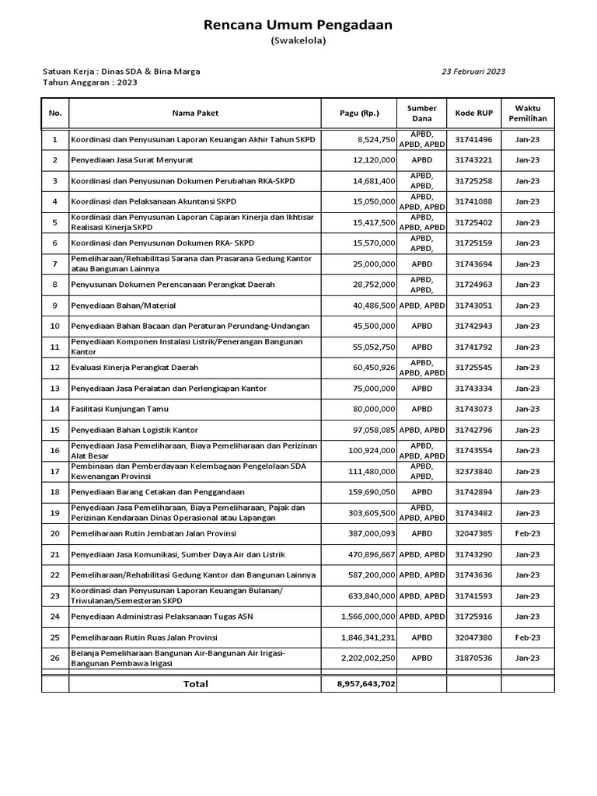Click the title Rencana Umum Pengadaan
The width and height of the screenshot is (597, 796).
pos(298,26)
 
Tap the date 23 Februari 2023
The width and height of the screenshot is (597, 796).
pos(473,71)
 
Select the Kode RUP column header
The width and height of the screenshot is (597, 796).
pos(473,113)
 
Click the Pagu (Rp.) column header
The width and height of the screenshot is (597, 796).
pos(360,113)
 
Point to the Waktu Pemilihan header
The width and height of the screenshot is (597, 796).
pos(527,113)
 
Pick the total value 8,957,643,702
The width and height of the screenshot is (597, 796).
pos(365,683)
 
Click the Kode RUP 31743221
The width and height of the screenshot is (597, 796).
pos(473,160)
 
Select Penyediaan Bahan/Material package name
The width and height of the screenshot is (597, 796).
pos(124,305)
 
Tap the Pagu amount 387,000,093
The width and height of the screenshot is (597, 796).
pos(369,534)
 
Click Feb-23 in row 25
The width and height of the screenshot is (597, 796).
pos(527,637)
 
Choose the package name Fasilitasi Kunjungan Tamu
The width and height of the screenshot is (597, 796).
pos(120,409)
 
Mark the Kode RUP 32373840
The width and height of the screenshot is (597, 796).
pos(473,472)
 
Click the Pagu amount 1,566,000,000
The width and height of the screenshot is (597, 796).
pos(368,616)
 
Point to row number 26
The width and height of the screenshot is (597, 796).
pos(54,658)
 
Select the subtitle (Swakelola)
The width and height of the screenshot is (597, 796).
pos(298,41)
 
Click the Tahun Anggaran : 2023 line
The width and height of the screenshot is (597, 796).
pos(89,82)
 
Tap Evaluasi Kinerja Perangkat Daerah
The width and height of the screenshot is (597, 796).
pos(134,368)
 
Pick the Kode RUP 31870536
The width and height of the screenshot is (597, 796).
pos(473,658)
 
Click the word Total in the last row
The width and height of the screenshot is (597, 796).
pos(195,683)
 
